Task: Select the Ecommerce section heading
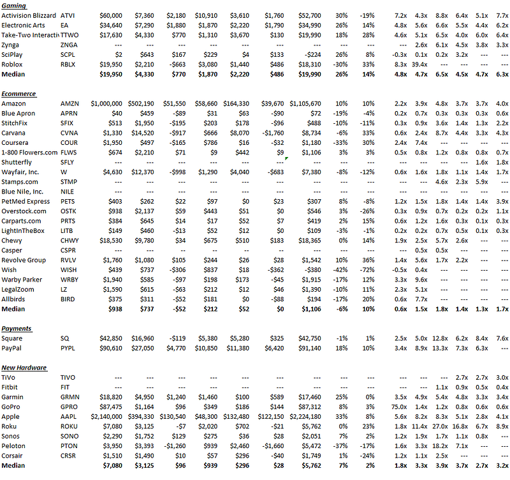[x=18, y=94]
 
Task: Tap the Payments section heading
[x=17, y=329]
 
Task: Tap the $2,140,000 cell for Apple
[x=108, y=417]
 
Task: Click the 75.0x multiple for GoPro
[x=399, y=407]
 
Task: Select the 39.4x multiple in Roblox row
[x=419, y=64]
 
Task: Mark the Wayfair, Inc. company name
[x=20, y=172]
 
